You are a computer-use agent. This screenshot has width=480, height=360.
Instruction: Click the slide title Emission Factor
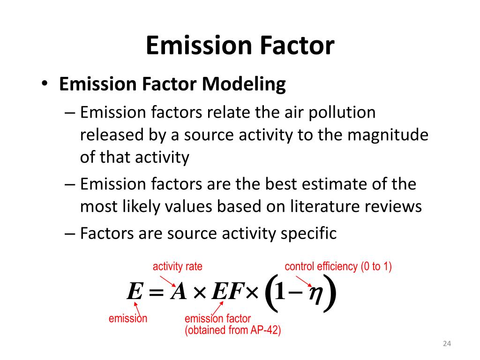click(x=240, y=46)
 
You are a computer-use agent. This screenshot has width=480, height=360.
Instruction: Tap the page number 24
click(x=446, y=345)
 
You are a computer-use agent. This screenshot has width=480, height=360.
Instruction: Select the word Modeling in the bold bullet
click(x=244, y=84)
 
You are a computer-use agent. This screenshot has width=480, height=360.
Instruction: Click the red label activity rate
click(x=178, y=267)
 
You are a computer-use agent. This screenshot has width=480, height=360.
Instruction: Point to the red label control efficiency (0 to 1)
click(x=338, y=267)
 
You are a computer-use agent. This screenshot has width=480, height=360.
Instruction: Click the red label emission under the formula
click(x=128, y=319)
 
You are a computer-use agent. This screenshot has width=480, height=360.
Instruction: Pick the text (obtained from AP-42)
click(x=232, y=330)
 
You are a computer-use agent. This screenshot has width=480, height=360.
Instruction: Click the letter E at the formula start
click(x=134, y=293)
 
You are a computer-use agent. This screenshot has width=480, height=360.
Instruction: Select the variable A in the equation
click(x=179, y=293)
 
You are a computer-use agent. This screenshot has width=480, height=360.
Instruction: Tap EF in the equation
click(x=227, y=293)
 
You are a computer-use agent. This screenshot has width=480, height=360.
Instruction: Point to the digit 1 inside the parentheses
click(x=280, y=293)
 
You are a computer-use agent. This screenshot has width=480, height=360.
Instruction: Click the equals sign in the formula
click(x=156, y=293)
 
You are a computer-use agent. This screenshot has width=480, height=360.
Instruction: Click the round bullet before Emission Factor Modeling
click(x=44, y=84)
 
